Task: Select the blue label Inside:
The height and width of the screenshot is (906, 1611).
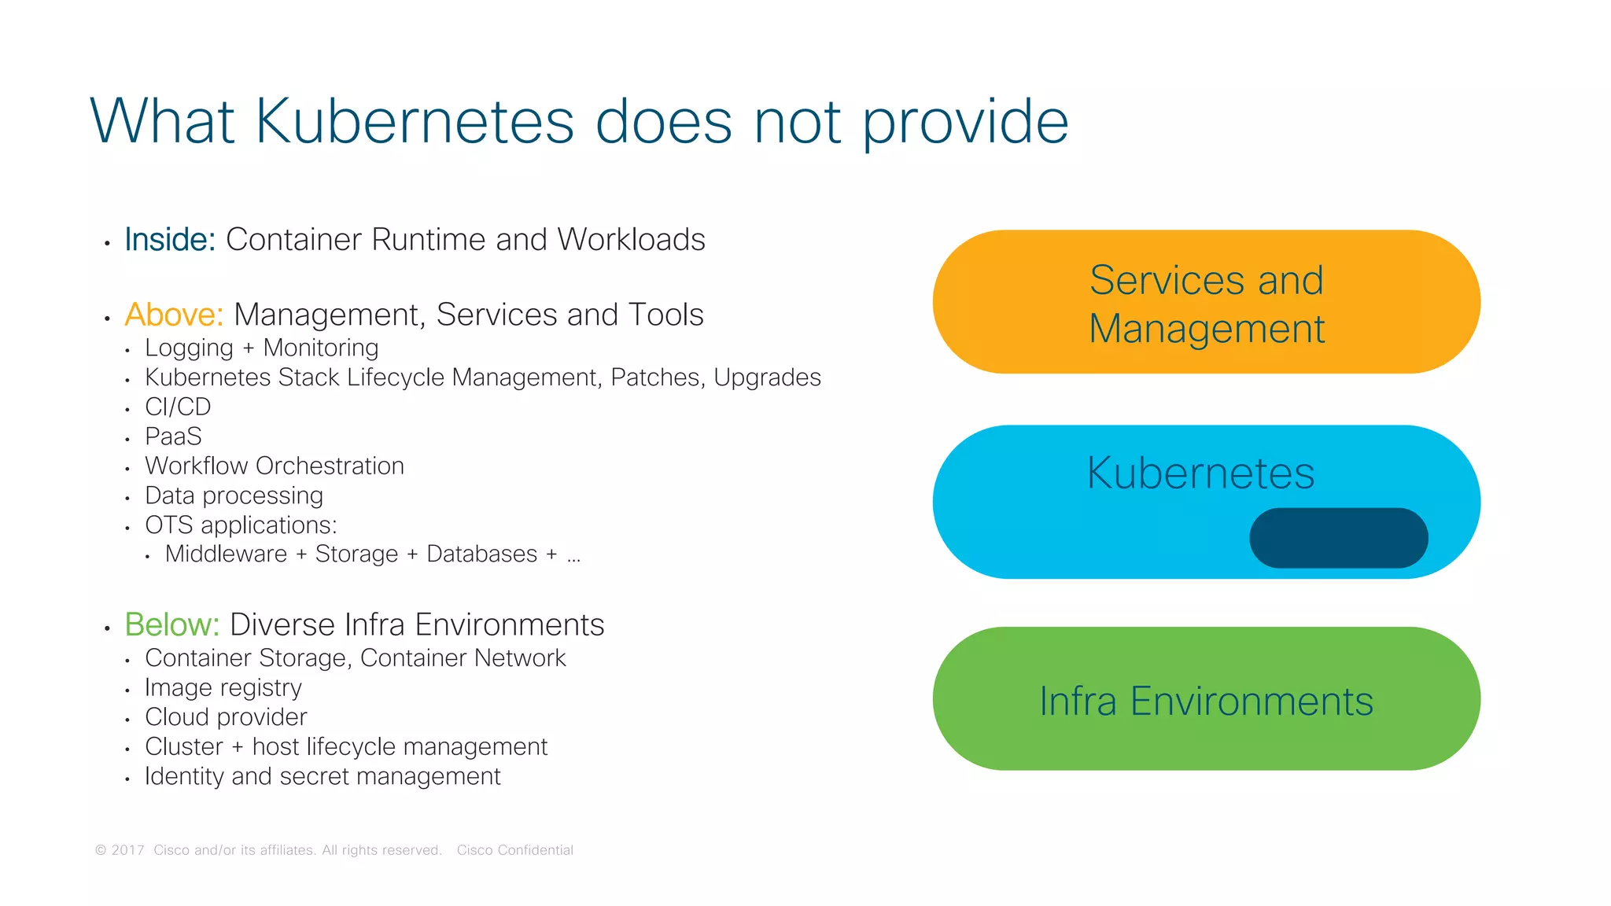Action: click(170, 240)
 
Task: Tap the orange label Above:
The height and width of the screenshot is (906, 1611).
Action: click(174, 315)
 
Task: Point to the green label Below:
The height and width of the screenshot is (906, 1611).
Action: click(171, 624)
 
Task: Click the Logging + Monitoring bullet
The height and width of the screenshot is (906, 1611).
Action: click(261, 348)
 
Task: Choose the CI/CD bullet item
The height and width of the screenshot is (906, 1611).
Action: click(178, 407)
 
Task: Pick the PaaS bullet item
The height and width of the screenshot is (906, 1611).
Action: click(173, 436)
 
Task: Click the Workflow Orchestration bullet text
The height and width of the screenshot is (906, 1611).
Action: click(274, 466)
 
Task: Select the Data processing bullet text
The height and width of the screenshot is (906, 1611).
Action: click(234, 495)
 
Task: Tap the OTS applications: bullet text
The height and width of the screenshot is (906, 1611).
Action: click(241, 525)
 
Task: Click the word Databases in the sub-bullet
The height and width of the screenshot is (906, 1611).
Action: click(481, 554)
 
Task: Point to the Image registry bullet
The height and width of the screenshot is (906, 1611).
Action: click(223, 688)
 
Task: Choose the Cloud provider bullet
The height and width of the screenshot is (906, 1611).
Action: click(226, 717)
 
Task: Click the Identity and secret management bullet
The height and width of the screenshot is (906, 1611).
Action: click(323, 776)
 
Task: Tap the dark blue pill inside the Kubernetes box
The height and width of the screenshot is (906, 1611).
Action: click(1338, 538)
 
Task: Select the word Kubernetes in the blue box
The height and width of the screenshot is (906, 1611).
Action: click(1200, 473)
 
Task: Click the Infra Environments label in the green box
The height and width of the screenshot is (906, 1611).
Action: click(1206, 702)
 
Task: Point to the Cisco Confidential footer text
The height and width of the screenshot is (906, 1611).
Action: click(514, 850)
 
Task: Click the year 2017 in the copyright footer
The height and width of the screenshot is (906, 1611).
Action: click(127, 850)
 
